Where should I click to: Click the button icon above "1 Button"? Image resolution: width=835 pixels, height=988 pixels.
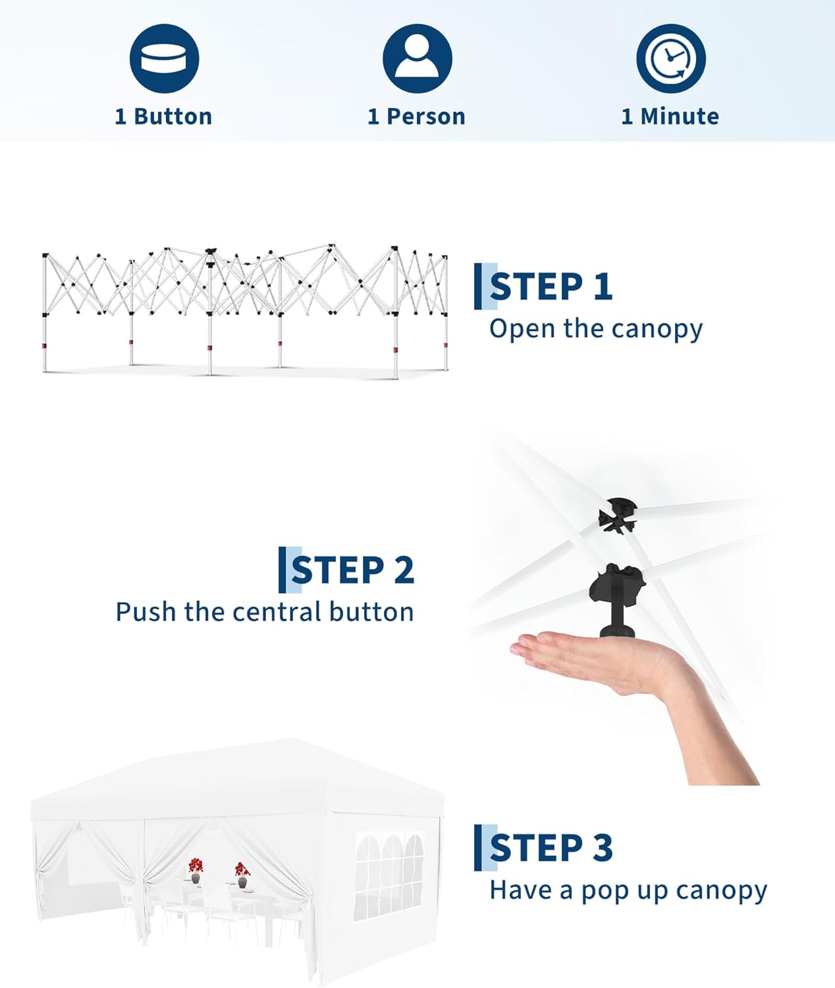tap(165, 59)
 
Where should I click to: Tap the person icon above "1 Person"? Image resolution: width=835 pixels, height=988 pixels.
tap(417, 59)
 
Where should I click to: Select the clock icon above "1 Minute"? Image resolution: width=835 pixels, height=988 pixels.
tap(670, 59)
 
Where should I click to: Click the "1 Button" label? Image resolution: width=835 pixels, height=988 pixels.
tap(163, 117)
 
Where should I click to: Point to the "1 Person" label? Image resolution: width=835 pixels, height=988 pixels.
tap(416, 117)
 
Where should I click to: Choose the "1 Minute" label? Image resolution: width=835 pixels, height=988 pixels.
tap(670, 117)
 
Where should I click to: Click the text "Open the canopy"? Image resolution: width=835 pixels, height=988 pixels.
tap(596, 329)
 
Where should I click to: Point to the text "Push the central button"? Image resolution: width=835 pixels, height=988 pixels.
tap(265, 612)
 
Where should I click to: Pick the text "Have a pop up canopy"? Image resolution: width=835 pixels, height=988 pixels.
tap(628, 891)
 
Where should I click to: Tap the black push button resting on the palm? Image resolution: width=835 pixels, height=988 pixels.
tap(617, 600)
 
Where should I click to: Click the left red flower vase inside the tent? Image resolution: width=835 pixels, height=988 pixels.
tap(196, 870)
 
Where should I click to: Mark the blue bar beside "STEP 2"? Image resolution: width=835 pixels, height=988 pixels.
tap(282, 570)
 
